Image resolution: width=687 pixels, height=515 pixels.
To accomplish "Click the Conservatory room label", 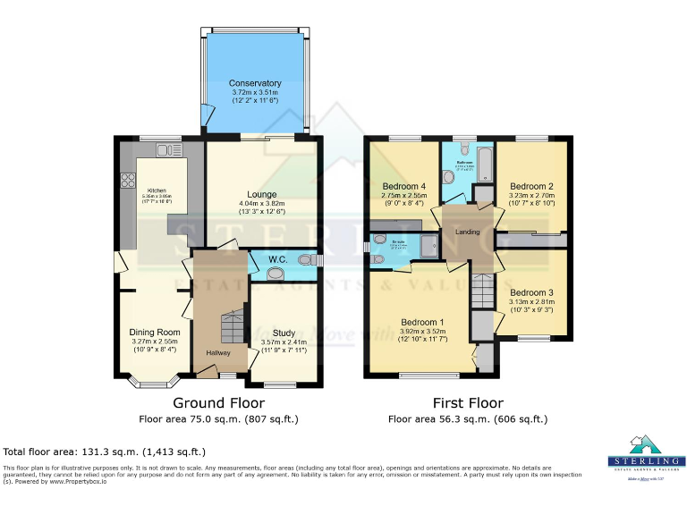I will [x=254, y=83].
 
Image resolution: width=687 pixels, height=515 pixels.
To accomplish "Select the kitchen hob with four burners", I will [x=126, y=184].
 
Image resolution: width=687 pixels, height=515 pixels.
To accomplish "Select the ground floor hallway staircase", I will [x=232, y=325].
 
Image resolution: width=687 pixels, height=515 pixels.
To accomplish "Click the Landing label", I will [x=468, y=232].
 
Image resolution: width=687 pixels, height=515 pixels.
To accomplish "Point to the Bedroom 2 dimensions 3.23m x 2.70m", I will [x=531, y=205].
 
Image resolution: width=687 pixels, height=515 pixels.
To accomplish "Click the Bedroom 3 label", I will [x=531, y=292].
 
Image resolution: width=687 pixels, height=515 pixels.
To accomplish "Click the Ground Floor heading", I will [x=218, y=403].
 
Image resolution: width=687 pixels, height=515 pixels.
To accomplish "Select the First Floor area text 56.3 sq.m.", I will [x=468, y=418].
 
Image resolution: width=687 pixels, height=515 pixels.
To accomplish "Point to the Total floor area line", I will [x=105, y=452].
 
